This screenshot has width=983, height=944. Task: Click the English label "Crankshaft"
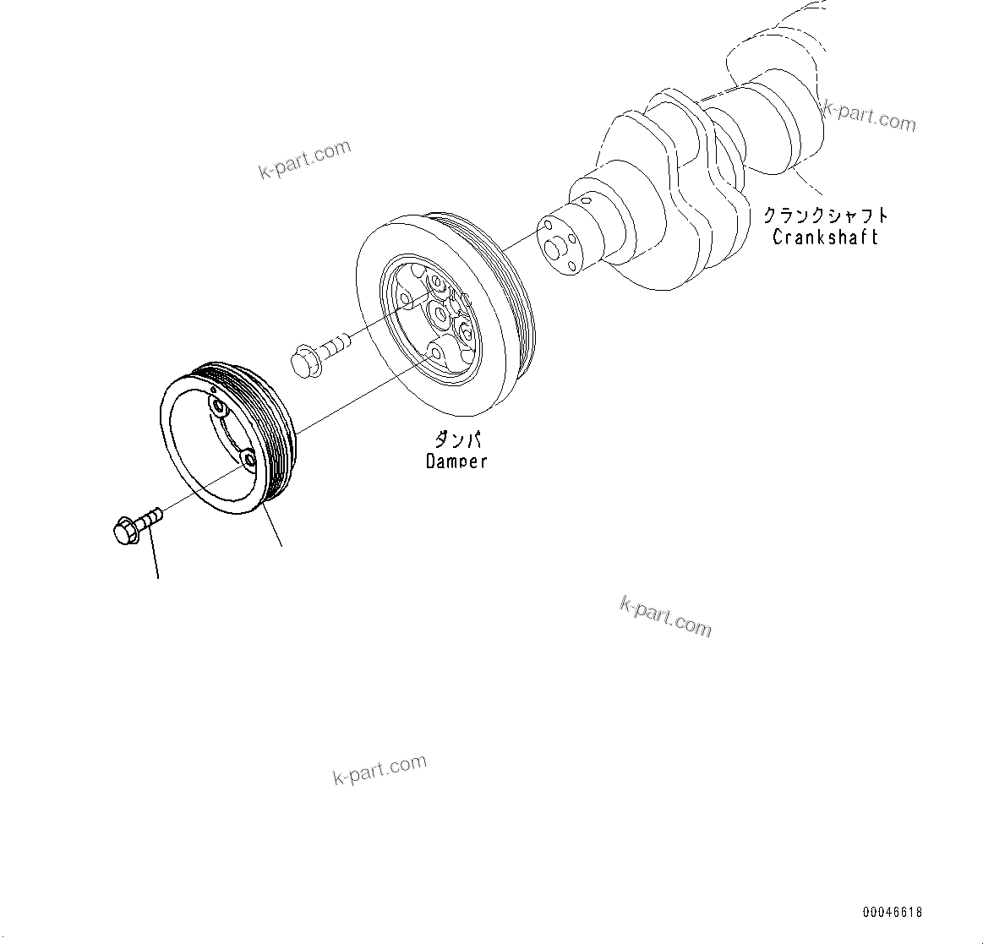[825, 237]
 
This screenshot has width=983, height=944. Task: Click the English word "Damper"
[456, 461]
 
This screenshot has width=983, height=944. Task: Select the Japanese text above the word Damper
[457, 440]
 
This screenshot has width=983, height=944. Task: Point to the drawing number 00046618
[893, 912]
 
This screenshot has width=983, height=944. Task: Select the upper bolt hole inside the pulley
[219, 409]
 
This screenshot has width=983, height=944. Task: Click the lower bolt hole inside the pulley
[248, 460]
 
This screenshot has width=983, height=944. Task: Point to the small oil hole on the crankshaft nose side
[584, 202]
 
